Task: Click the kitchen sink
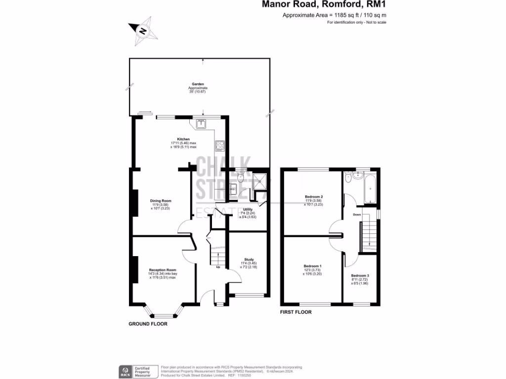(201, 124)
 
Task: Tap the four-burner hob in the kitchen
(219, 146)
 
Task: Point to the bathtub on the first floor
(370, 189)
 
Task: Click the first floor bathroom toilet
(349, 178)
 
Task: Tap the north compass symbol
(143, 31)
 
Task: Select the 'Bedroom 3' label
(360, 275)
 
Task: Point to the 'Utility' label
(248, 209)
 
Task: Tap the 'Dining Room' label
(161, 201)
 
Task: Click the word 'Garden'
(198, 84)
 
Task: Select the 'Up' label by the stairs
(218, 267)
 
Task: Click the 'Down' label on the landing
(357, 215)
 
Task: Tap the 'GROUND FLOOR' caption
(148, 324)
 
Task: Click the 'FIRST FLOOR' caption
(295, 312)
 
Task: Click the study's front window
(249, 296)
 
